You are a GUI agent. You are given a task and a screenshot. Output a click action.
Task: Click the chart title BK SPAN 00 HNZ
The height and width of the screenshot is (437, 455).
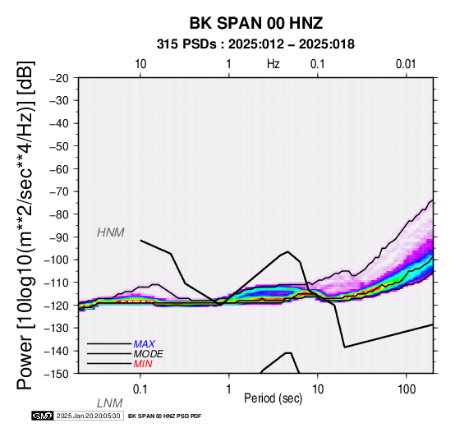tap(256, 23)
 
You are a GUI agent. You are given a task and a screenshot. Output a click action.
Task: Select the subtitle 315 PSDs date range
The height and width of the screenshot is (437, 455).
tap(255, 44)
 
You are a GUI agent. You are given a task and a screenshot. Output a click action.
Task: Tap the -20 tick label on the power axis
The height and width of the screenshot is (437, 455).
tap(59, 78)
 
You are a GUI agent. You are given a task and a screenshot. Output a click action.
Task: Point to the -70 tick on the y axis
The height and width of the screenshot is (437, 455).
tap(59, 191)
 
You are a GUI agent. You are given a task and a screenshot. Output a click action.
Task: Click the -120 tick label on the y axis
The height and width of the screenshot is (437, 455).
tap(57, 305)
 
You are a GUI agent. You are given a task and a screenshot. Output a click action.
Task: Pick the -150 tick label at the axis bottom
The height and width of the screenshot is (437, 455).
tap(57, 374)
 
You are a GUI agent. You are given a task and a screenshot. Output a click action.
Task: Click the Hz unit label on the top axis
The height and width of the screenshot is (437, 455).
tap(273, 63)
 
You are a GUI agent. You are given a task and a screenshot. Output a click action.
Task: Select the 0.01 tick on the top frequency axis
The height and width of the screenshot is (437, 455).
tap(406, 64)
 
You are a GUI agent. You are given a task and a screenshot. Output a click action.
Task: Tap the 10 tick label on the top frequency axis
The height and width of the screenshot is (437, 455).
tap(140, 64)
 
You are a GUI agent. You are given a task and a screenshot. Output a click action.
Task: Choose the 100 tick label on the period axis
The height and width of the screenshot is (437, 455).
tap(407, 389)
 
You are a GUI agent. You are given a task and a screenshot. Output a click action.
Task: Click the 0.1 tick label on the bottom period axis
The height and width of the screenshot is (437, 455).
tap(140, 389)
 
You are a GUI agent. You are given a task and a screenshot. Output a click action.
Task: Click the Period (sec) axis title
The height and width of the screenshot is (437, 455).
tap(273, 398)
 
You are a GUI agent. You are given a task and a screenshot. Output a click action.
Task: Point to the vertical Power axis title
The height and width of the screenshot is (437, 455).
tap(25, 225)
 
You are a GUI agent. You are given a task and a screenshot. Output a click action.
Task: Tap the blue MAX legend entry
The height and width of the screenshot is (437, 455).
tap(145, 344)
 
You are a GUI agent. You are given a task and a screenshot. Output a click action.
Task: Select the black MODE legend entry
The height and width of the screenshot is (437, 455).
tap(149, 354)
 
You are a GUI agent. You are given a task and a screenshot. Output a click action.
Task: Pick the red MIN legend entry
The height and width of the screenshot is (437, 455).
tap(143, 364)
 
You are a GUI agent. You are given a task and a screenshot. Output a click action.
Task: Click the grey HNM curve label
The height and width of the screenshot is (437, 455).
tap(111, 232)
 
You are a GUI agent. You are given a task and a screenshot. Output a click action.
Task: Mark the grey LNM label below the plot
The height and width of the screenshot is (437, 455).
tap(110, 403)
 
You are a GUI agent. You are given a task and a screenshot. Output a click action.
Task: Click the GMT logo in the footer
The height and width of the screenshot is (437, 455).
tap(43, 416)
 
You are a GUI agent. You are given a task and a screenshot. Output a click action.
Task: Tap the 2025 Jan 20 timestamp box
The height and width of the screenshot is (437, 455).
tap(88, 416)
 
